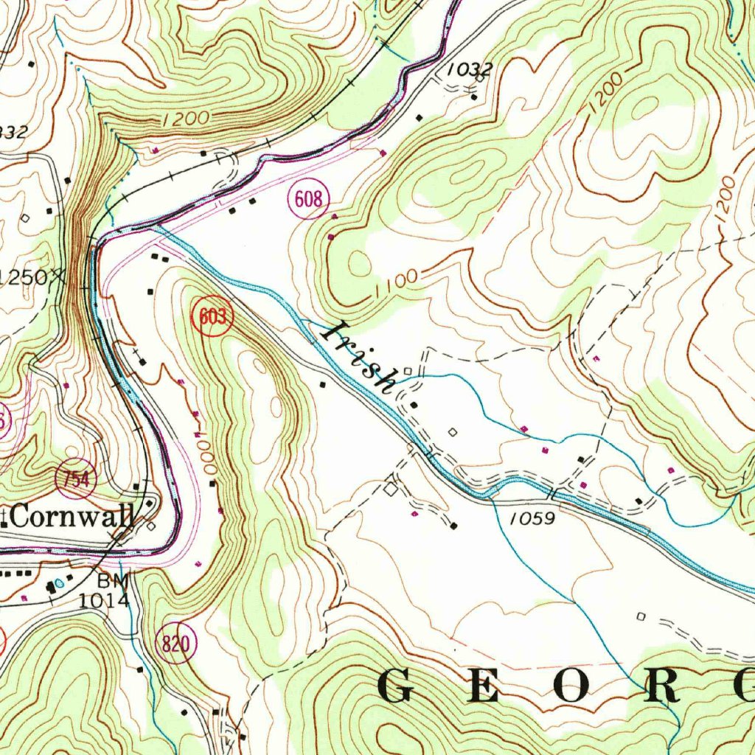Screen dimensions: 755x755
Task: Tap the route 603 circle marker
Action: point(213,318)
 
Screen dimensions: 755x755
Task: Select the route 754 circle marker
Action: point(76,480)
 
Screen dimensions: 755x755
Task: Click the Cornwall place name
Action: point(72,517)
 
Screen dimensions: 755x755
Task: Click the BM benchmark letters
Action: point(114,580)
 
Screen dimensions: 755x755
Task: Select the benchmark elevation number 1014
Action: point(104,599)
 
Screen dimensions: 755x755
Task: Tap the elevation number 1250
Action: point(24,277)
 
